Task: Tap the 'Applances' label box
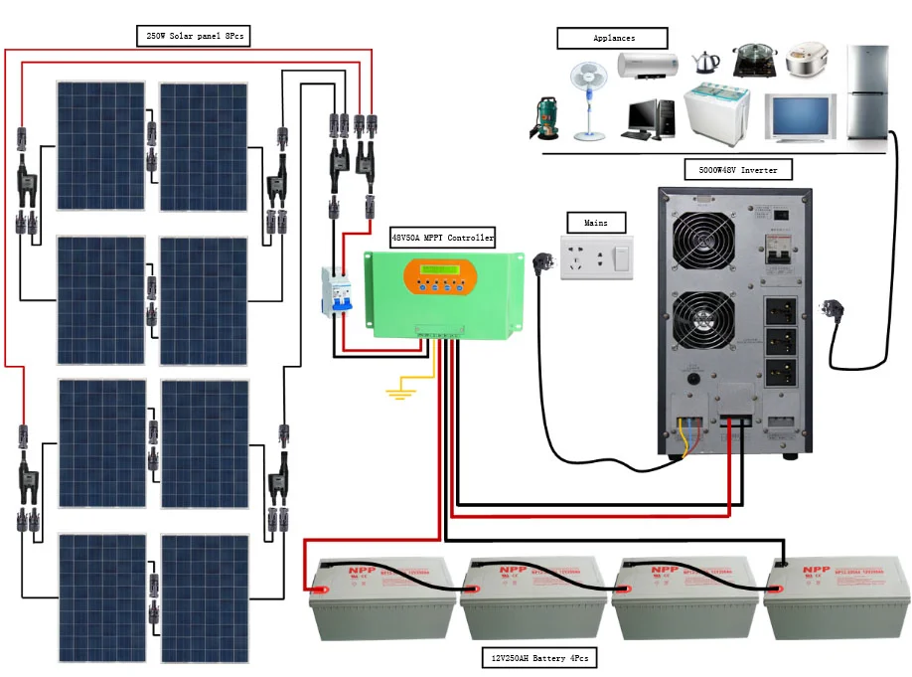(x=614, y=38)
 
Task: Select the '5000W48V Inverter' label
(x=738, y=170)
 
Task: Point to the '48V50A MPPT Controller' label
(x=443, y=238)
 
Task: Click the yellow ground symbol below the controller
(x=400, y=394)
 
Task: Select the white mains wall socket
(x=596, y=258)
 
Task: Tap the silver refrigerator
(x=867, y=94)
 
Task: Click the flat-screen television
(x=800, y=117)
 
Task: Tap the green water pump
(x=546, y=118)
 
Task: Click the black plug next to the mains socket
(x=544, y=263)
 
